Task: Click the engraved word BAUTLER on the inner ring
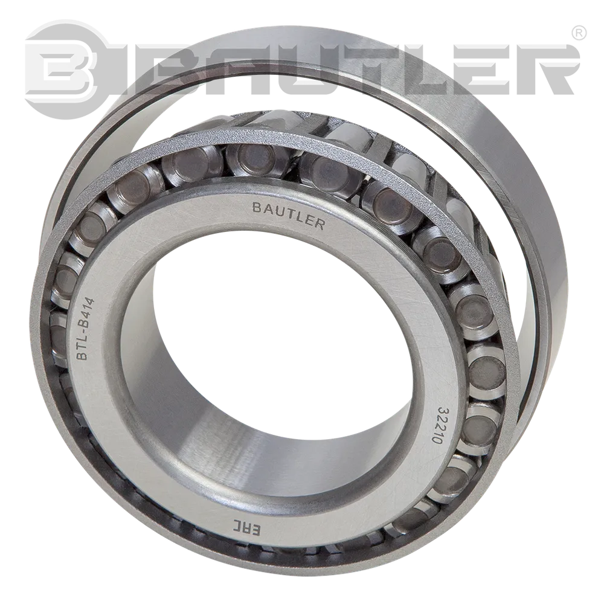288,216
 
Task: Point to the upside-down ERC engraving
246,527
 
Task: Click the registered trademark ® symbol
579,33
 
